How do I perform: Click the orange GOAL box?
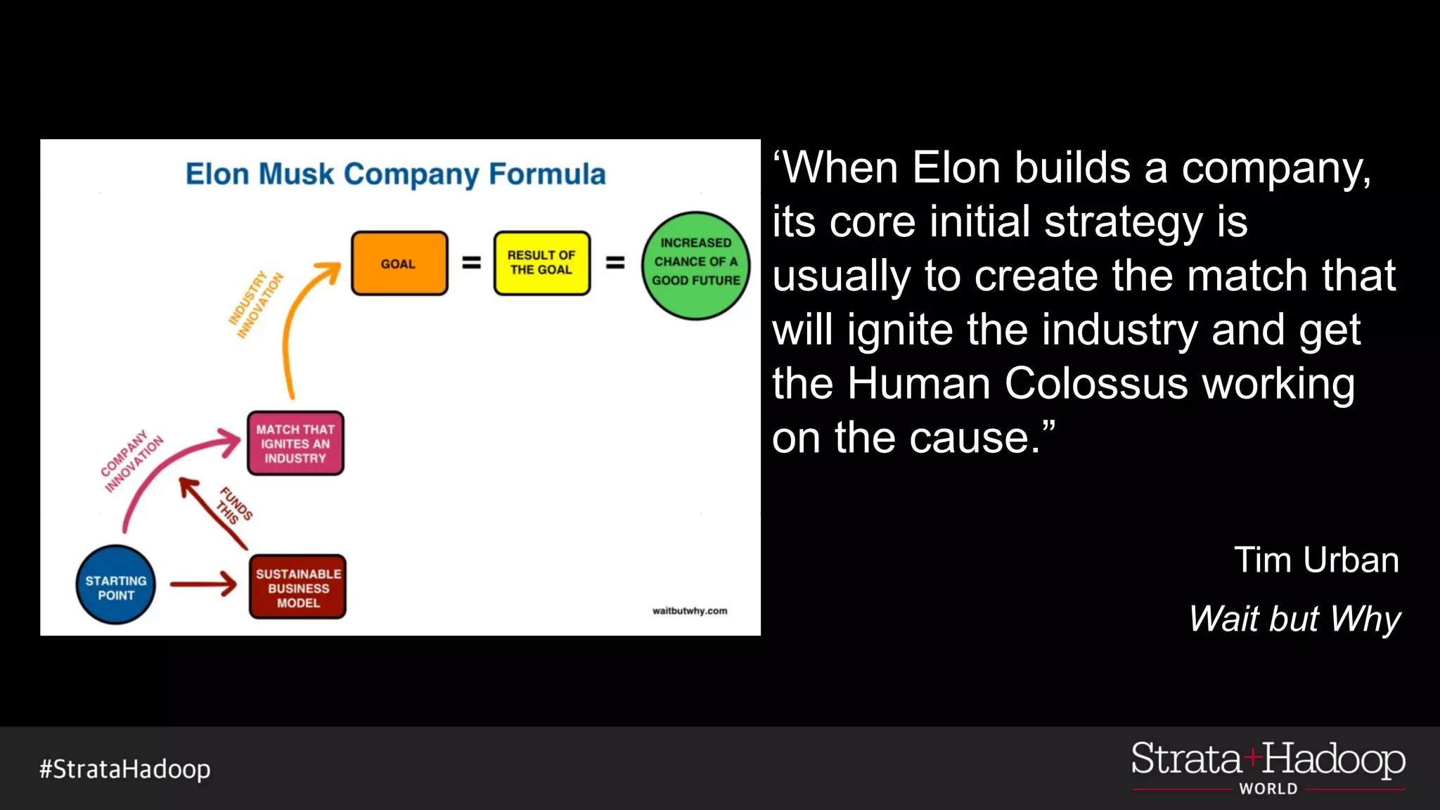coord(399,264)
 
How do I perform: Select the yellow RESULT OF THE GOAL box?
coord(541,263)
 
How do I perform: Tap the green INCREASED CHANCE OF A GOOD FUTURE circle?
coord(695,265)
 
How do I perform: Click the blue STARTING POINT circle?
coord(115,585)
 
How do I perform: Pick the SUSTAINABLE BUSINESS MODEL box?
coord(297,587)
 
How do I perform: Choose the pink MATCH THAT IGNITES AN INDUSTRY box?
coord(295,443)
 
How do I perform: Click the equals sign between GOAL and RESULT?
coord(471,263)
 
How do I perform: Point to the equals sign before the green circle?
coord(615,263)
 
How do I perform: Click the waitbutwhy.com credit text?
coord(689,610)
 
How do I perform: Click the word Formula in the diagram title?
coord(547,174)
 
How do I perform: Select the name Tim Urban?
coord(1316,560)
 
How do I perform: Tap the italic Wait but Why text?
coord(1294,619)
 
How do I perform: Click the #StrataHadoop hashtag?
coord(125,769)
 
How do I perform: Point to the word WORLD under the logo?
coord(1268,789)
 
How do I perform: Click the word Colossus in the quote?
coord(1096,384)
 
